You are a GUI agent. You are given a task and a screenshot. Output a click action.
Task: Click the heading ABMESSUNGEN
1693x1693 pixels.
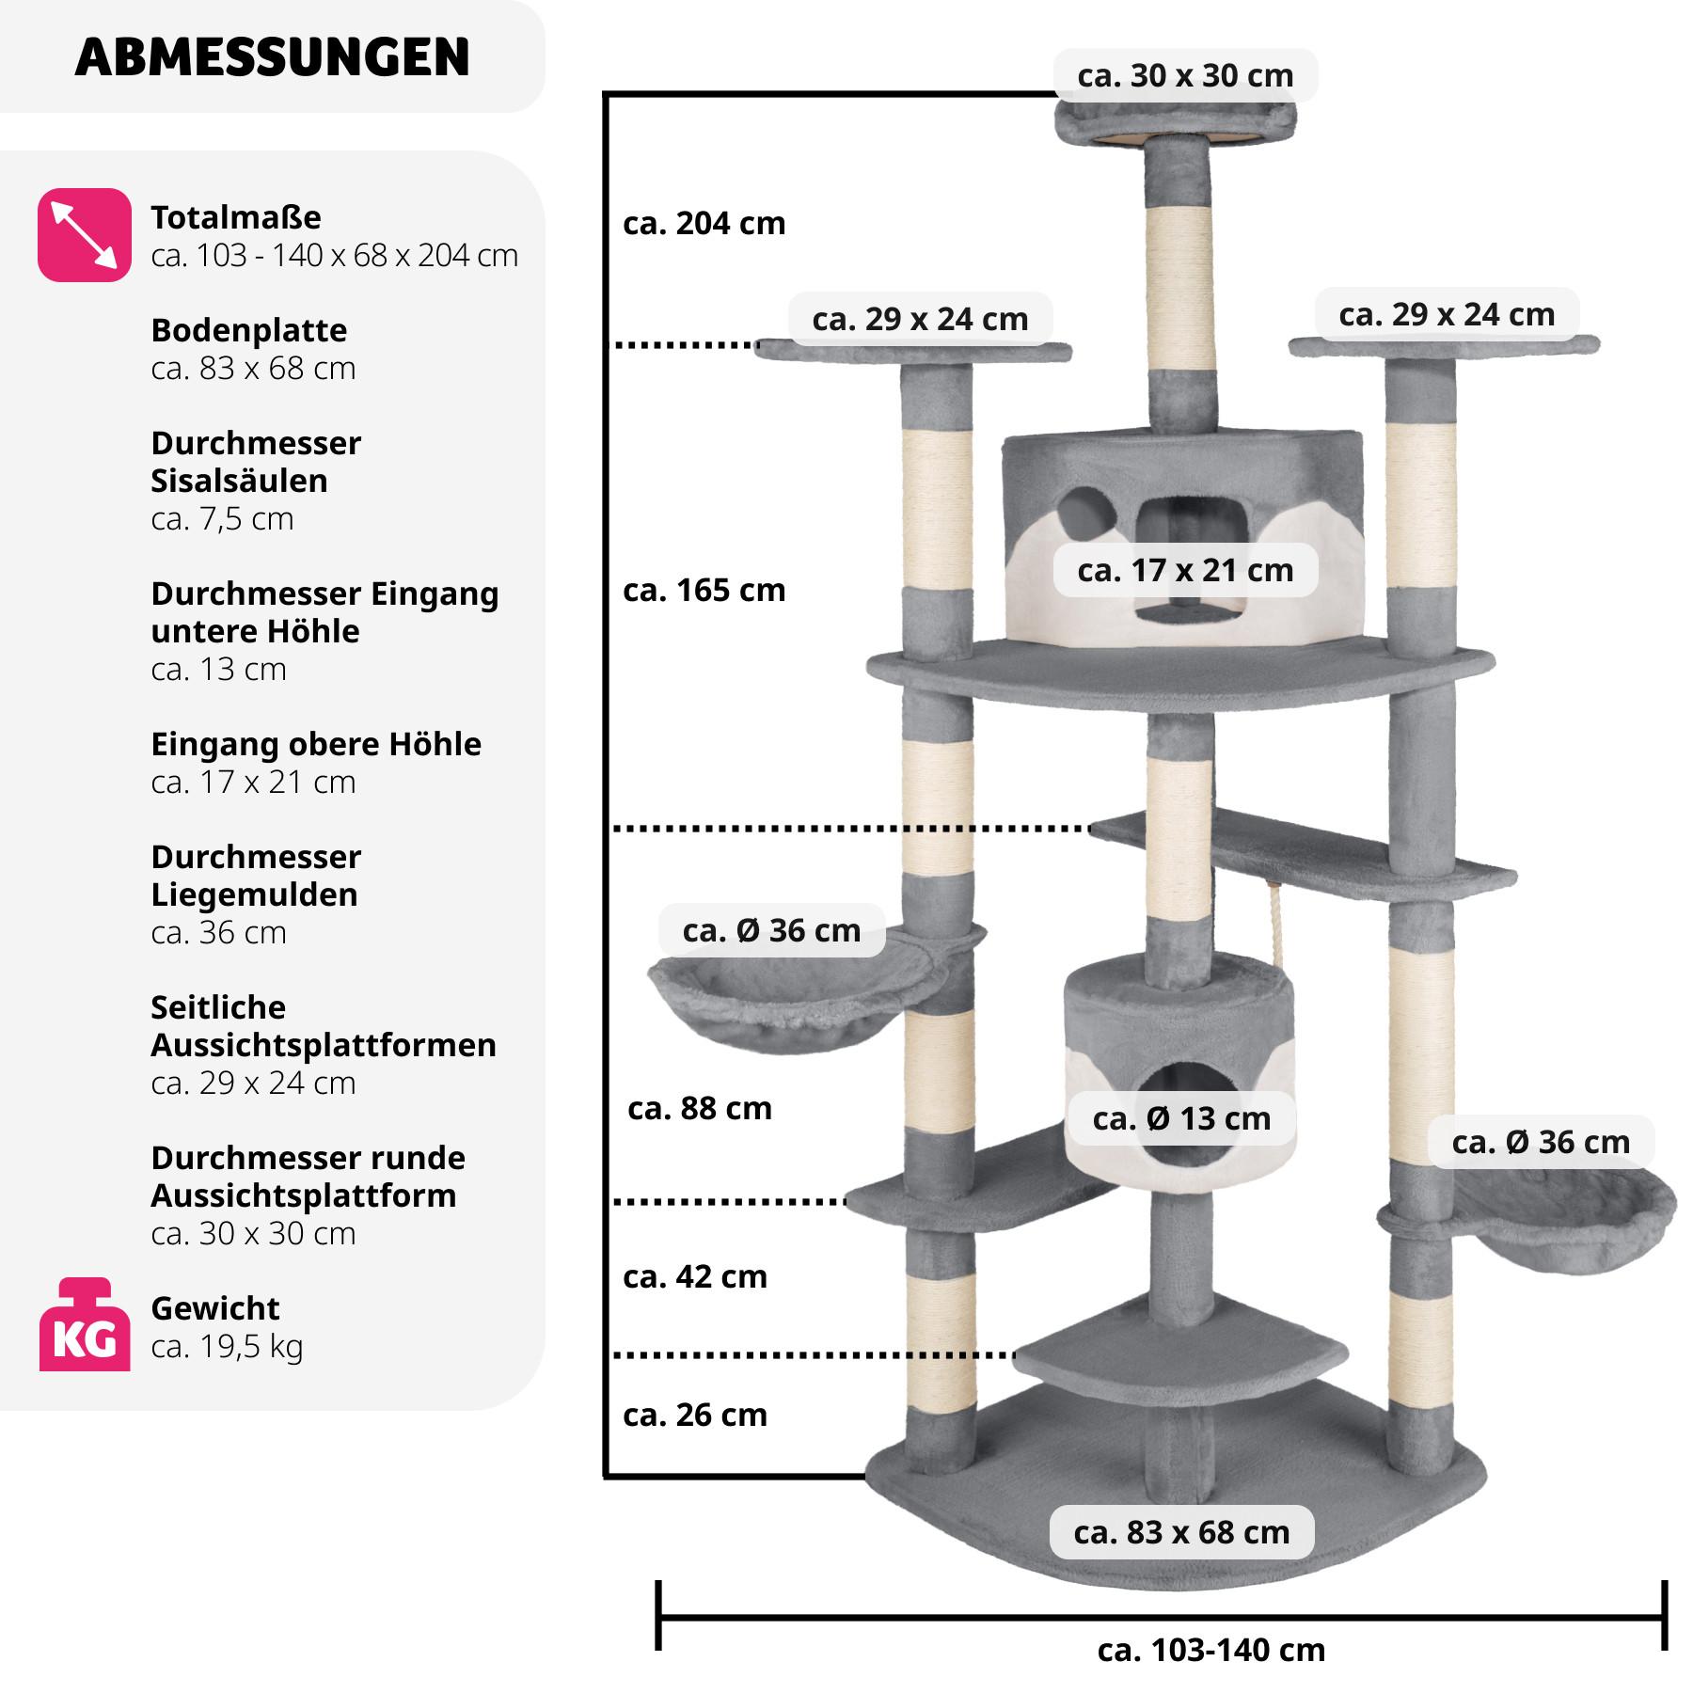click(272, 57)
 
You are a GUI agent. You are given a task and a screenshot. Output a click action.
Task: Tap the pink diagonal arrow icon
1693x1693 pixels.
click(84, 235)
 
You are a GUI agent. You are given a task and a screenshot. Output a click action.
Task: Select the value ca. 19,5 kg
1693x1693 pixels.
click(227, 1347)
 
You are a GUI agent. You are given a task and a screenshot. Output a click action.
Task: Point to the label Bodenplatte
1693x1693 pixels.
click(248, 330)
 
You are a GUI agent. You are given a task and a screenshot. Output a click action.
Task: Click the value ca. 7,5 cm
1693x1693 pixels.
click(222, 518)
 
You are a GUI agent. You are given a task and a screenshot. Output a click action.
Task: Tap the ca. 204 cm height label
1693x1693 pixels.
click(704, 224)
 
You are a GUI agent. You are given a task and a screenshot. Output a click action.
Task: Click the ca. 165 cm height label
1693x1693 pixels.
click(704, 591)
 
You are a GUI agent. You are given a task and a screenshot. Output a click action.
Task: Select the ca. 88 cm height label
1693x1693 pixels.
click(699, 1109)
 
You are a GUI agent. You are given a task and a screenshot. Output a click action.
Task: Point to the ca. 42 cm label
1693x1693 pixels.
click(694, 1277)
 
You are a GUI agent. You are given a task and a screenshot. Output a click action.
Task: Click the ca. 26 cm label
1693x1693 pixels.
click(694, 1416)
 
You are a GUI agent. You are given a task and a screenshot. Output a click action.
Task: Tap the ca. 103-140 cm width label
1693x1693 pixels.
click(1210, 1650)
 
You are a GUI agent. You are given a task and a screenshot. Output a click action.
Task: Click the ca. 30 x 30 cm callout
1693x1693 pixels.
click(1185, 75)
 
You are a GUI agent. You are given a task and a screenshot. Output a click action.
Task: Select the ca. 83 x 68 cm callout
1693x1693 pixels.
click(1181, 1532)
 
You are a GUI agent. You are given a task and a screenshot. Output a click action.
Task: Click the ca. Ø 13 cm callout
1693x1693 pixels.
click(1181, 1118)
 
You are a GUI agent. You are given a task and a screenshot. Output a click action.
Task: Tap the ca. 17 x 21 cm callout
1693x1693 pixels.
click(1185, 570)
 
